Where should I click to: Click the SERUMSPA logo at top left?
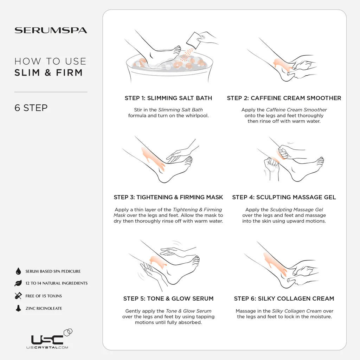pos(51,30)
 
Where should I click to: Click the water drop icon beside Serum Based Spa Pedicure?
pos(18,271)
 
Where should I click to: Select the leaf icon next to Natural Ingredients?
pos(18,283)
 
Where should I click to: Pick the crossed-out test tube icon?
pos(18,296)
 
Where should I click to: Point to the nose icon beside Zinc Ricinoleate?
pos(18,308)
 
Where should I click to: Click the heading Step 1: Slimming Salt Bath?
pos(168,98)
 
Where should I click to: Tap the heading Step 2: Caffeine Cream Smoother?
pos(284,98)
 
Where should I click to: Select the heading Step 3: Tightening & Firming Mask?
pos(168,197)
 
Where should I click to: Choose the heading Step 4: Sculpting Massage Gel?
pos(284,197)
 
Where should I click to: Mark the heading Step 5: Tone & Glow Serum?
pos(168,298)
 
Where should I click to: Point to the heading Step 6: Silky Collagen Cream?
pos(284,298)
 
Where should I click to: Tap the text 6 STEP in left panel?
pos(31,108)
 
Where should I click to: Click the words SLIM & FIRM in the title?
pos(49,72)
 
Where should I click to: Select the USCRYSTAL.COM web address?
pos(47,347)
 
